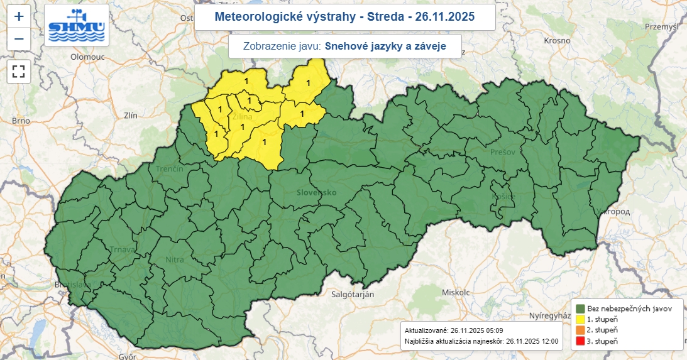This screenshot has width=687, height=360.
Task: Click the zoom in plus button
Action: [x=19, y=16]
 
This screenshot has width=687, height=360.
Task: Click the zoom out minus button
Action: [x=19, y=39]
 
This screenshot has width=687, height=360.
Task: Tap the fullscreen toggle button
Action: [x=19, y=70]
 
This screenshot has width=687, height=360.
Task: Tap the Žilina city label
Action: [x=242, y=117]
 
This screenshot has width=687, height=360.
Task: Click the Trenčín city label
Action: [x=170, y=169]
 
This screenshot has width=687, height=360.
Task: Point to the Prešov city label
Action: [x=503, y=153]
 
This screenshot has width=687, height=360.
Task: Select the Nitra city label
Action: [x=174, y=259]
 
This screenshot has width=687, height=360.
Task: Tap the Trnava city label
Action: [x=122, y=249]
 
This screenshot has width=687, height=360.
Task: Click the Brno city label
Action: [x=21, y=121]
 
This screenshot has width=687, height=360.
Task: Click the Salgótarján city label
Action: [x=352, y=294]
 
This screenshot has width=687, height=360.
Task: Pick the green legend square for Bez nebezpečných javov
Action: [x=580, y=308]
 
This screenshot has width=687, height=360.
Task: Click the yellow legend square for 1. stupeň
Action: [x=580, y=319]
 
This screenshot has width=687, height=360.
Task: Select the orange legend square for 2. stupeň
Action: [x=580, y=330]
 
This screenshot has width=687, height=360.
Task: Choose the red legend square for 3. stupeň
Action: [x=580, y=341]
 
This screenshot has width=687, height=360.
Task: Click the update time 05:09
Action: [x=493, y=330]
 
